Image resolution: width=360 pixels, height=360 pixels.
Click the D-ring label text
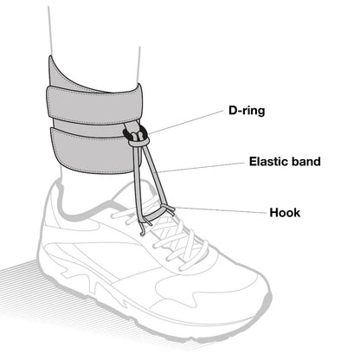247,111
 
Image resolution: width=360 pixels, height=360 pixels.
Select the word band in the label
306,161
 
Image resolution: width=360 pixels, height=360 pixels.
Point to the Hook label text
285,213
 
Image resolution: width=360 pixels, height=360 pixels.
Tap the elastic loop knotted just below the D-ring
139,141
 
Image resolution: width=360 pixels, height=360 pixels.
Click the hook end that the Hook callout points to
170,209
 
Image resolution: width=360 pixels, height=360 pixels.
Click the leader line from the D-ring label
186,122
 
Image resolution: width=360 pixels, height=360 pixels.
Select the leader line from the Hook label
221,210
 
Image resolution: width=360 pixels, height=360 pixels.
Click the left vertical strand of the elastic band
137,184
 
